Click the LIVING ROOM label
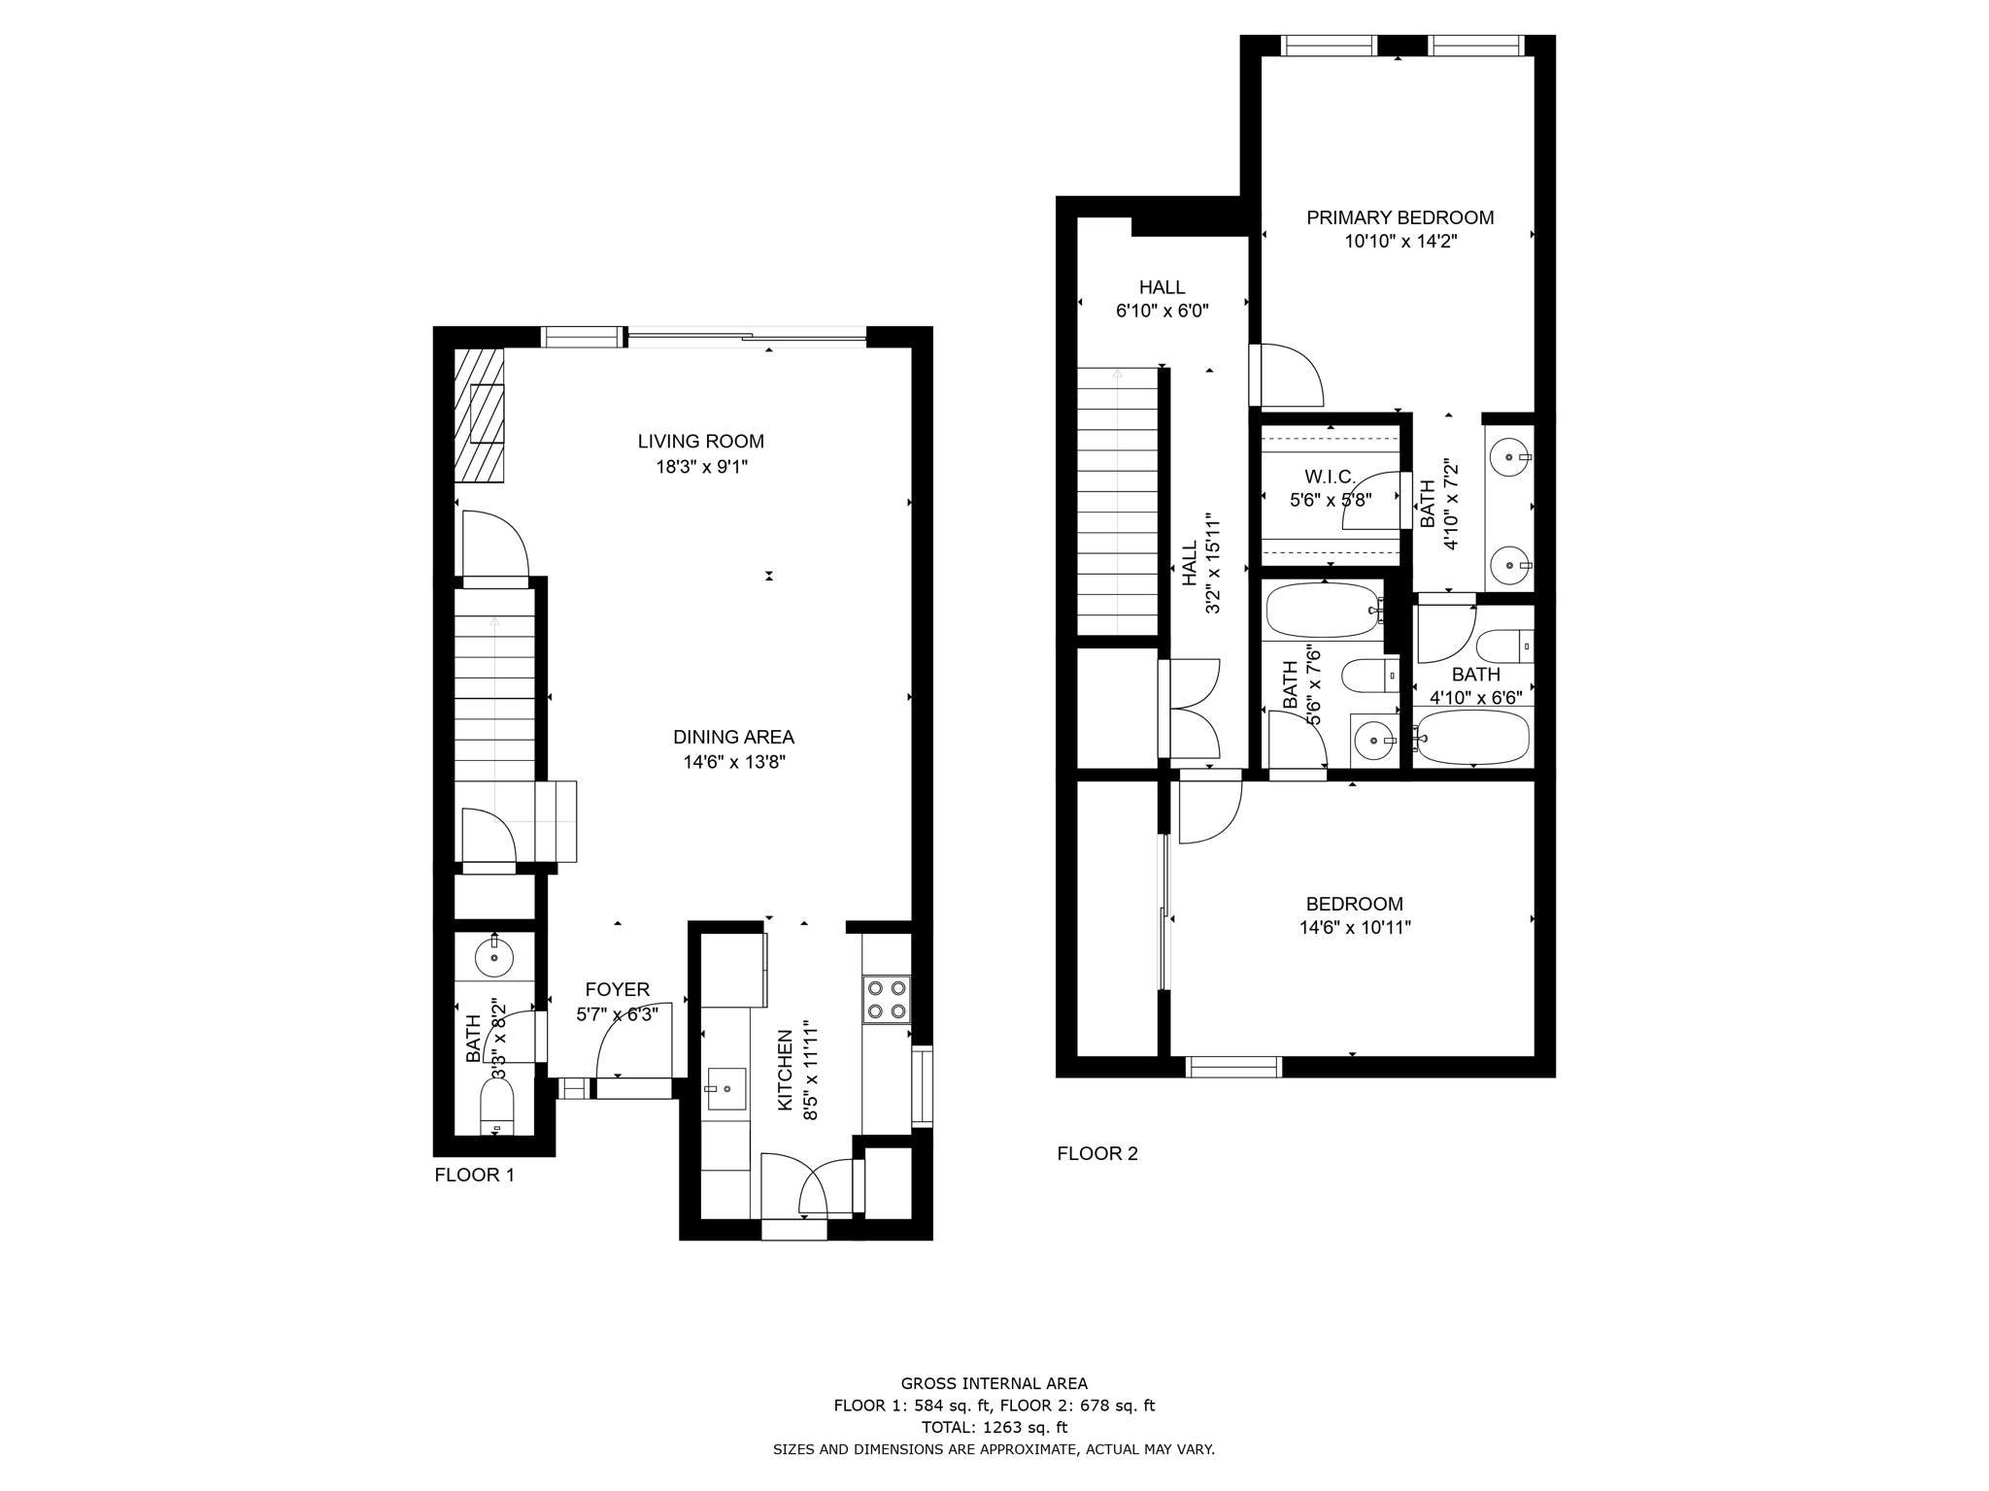click(x=700, y=442)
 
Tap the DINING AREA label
click(x=733, y=737)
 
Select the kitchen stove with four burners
click(x=887, y=1000)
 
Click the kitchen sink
click(x=726, y=1088)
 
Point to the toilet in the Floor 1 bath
click(x=497, y=1108)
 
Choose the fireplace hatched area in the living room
click(x=480, y=415)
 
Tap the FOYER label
click(x=617, y=990)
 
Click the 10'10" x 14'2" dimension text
click(x=1400, y=242)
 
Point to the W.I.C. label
click(x=1330, y=477)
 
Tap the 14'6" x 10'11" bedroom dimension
click(x=1355, y=928)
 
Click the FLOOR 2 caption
click(x=1097, y=1153)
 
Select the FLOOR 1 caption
click(x=474, y=1176)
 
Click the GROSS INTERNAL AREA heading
click(x=994, y=1384)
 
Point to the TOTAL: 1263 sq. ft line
click(x=994, y=1428)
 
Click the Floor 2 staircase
click(x=1118, y=502)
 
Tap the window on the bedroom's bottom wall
click(x=1233, y=1067)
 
